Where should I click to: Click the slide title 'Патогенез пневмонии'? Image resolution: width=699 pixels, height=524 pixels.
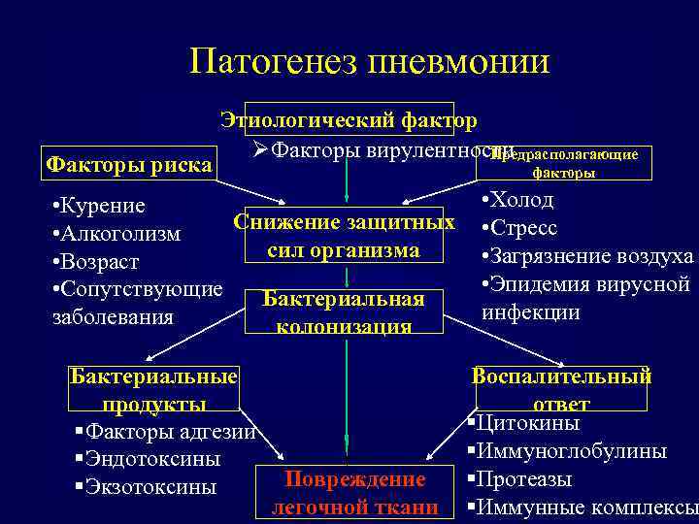click(x=370, y=62)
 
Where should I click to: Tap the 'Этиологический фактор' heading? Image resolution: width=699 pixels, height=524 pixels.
click(x=349, y=120)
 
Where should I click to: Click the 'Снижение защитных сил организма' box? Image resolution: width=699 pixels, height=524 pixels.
click(x=345, y=236)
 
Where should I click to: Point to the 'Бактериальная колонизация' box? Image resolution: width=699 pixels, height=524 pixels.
click(x=345, y=311)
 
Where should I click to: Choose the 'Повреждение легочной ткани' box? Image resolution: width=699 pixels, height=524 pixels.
click(x=354, y=492)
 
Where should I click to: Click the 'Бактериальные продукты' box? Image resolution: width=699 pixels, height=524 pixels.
click(x=154, y=389)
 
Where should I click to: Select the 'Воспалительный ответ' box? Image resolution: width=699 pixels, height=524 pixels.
click(x=562, y=389)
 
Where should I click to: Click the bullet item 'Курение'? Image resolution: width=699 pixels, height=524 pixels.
click(x=101, y=206)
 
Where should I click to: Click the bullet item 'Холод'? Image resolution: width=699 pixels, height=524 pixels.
click(x=521, y=201)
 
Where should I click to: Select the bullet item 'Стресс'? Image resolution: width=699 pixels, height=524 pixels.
click(x=524, y=229)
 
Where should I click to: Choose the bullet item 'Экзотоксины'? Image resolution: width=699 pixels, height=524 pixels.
click(x=150, y=487)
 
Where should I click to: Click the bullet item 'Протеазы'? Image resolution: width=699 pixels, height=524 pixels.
click(x=524, y=479)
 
